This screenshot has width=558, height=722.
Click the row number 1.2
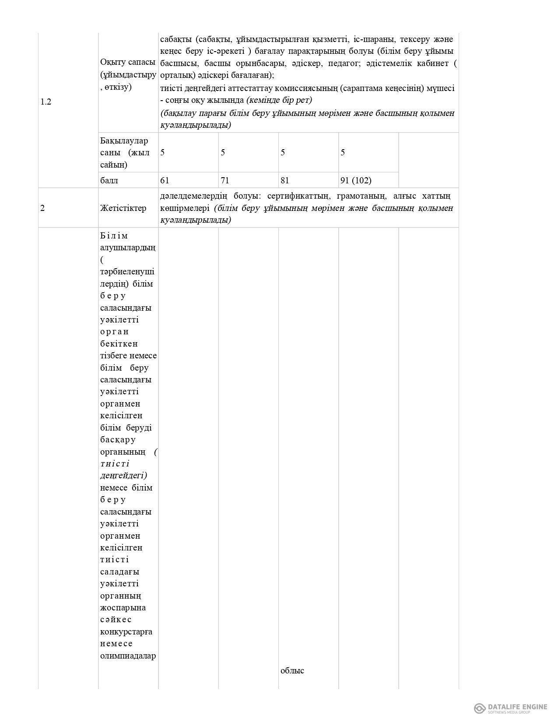tap(46, 102)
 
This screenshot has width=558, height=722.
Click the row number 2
tap(42, 208)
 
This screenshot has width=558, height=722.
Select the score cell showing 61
tap(165, 180)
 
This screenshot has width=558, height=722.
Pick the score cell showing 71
tap(225, 180)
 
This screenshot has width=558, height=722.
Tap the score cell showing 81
tap(285, 180)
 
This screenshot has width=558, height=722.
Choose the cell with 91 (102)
tap(356, 180)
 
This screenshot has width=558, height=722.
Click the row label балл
tap(109, 180)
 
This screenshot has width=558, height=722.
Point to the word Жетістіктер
tap(123, 208)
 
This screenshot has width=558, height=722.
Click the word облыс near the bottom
tap(292, 670)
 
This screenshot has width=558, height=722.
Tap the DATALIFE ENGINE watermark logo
tap(511, 708)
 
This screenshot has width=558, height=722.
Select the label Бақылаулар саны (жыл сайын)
tap(125, 153)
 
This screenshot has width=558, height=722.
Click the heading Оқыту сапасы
tap(127, 62)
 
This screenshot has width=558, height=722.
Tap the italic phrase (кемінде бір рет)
tap(279, 100)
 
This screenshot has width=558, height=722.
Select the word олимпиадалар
tap(128, 655)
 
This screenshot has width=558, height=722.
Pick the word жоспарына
tap(123, 607)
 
